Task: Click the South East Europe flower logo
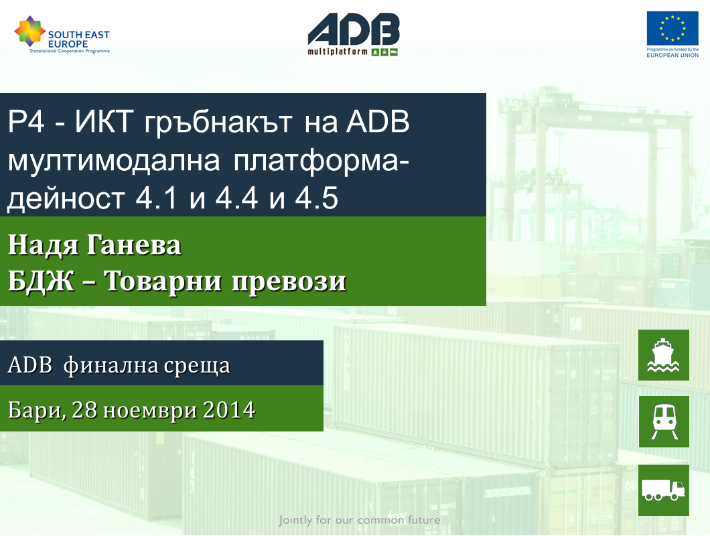tap(30, 31)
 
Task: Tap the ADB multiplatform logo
tap(354, 34)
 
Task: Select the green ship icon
tap(663, 355)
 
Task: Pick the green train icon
tap(664, 421)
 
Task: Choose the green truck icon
tap(663, 490)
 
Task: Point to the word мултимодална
tap(114, 161)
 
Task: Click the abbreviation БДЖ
tap(41, 281)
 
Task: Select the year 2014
tap(229, 410)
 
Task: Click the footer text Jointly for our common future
tap(360, 520)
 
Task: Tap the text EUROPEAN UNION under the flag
tap(672, 56)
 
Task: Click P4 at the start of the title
tap(26, 122)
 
